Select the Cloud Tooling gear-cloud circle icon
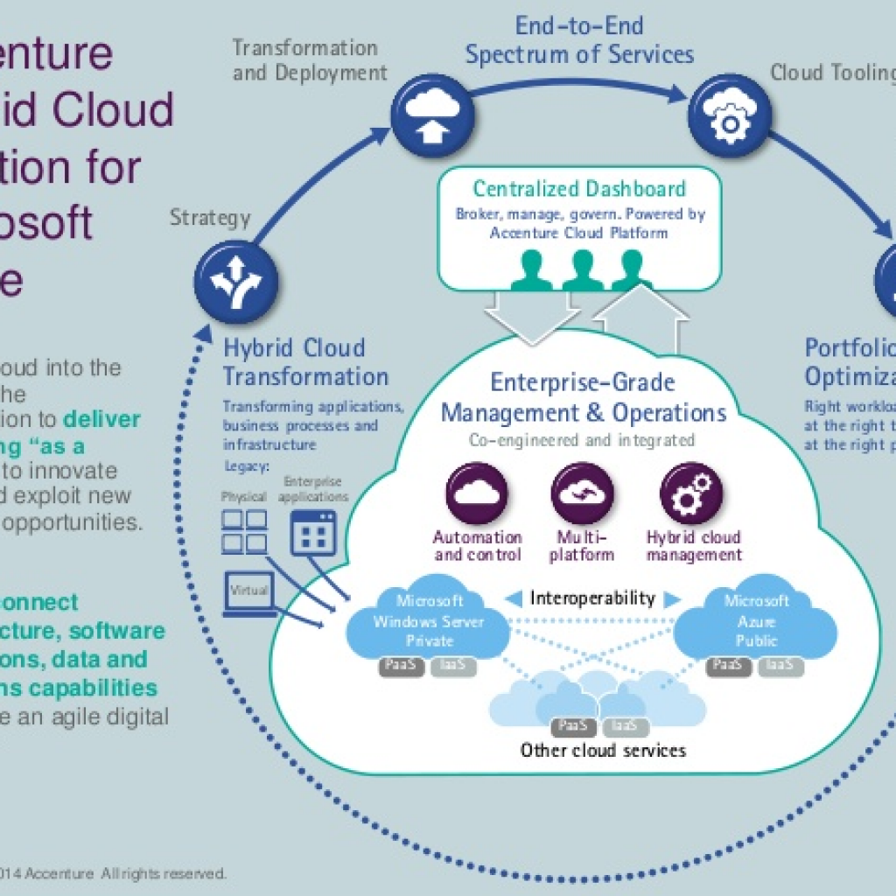point(729,116)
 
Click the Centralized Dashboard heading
point(579,189)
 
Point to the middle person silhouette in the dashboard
point(583,270)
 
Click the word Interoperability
point(592,598)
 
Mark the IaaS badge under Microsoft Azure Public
point(779,666)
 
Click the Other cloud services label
point(603,750)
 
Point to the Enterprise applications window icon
point(313,531)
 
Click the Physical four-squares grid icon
point(244,532)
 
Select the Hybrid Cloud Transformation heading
point(305,362)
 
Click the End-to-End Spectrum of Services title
point(579,39)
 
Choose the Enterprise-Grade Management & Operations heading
point(584,397)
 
